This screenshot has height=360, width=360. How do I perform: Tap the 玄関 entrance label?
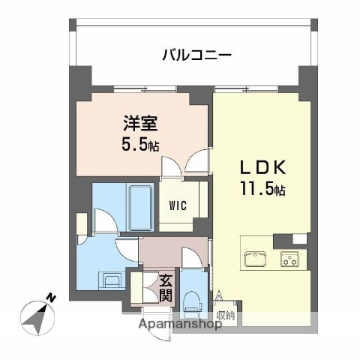tap(166, 288)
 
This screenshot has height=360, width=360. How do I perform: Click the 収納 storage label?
tap(226, 315)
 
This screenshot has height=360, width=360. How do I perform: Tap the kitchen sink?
tap(254, 259)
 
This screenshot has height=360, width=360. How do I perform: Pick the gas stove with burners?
tap(289, 259)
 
